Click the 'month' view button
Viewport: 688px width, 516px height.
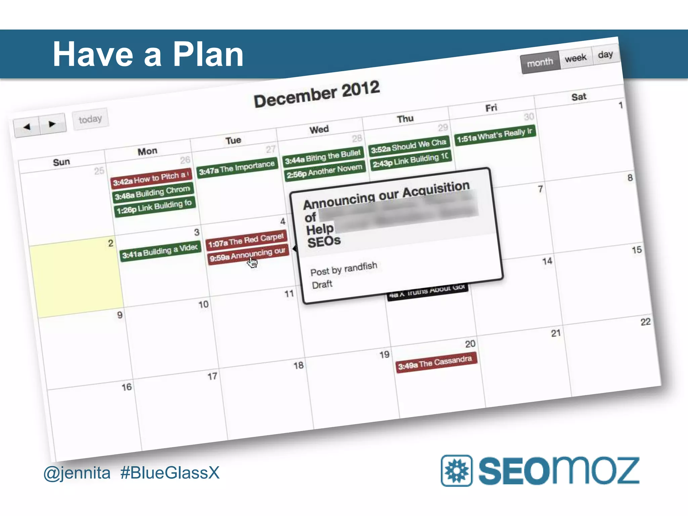(x=540, y=62)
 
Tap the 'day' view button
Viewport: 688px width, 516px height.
(x=605, y=54)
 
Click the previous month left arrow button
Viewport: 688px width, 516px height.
(x=27, y=127)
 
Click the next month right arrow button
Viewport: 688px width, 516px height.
(x=52, y=124)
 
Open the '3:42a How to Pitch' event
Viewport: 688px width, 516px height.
(x=151, y=178)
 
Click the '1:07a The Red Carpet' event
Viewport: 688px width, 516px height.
(x=246, y=240)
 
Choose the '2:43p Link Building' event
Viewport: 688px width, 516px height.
(x=411, y=160)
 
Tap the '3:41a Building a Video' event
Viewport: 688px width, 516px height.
(x=160, y=251)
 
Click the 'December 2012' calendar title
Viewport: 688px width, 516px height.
(x=317, y=94)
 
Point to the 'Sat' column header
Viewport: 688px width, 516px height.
(x=579, y=97)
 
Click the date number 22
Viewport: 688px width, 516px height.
(x=645, y=322)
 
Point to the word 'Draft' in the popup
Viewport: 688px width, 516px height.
(x=322, y=285)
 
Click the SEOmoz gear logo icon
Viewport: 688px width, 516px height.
(x=456, y=470)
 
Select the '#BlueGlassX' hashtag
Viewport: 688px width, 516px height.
(x=170, y=473)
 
